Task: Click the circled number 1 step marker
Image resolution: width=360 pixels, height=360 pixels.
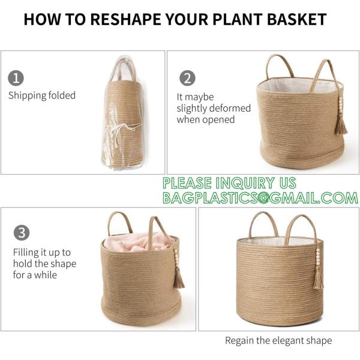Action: click(16, 78)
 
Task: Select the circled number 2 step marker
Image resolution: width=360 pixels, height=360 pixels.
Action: click(188, 79)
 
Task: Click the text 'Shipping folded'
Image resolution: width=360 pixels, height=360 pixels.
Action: click(42, 95)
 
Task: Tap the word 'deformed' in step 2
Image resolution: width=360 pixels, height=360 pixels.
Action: click(214, 108)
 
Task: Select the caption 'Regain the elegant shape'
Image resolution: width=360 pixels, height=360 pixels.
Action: click(278, 340)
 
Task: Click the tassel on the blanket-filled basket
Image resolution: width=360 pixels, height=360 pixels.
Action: click(179, 277)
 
